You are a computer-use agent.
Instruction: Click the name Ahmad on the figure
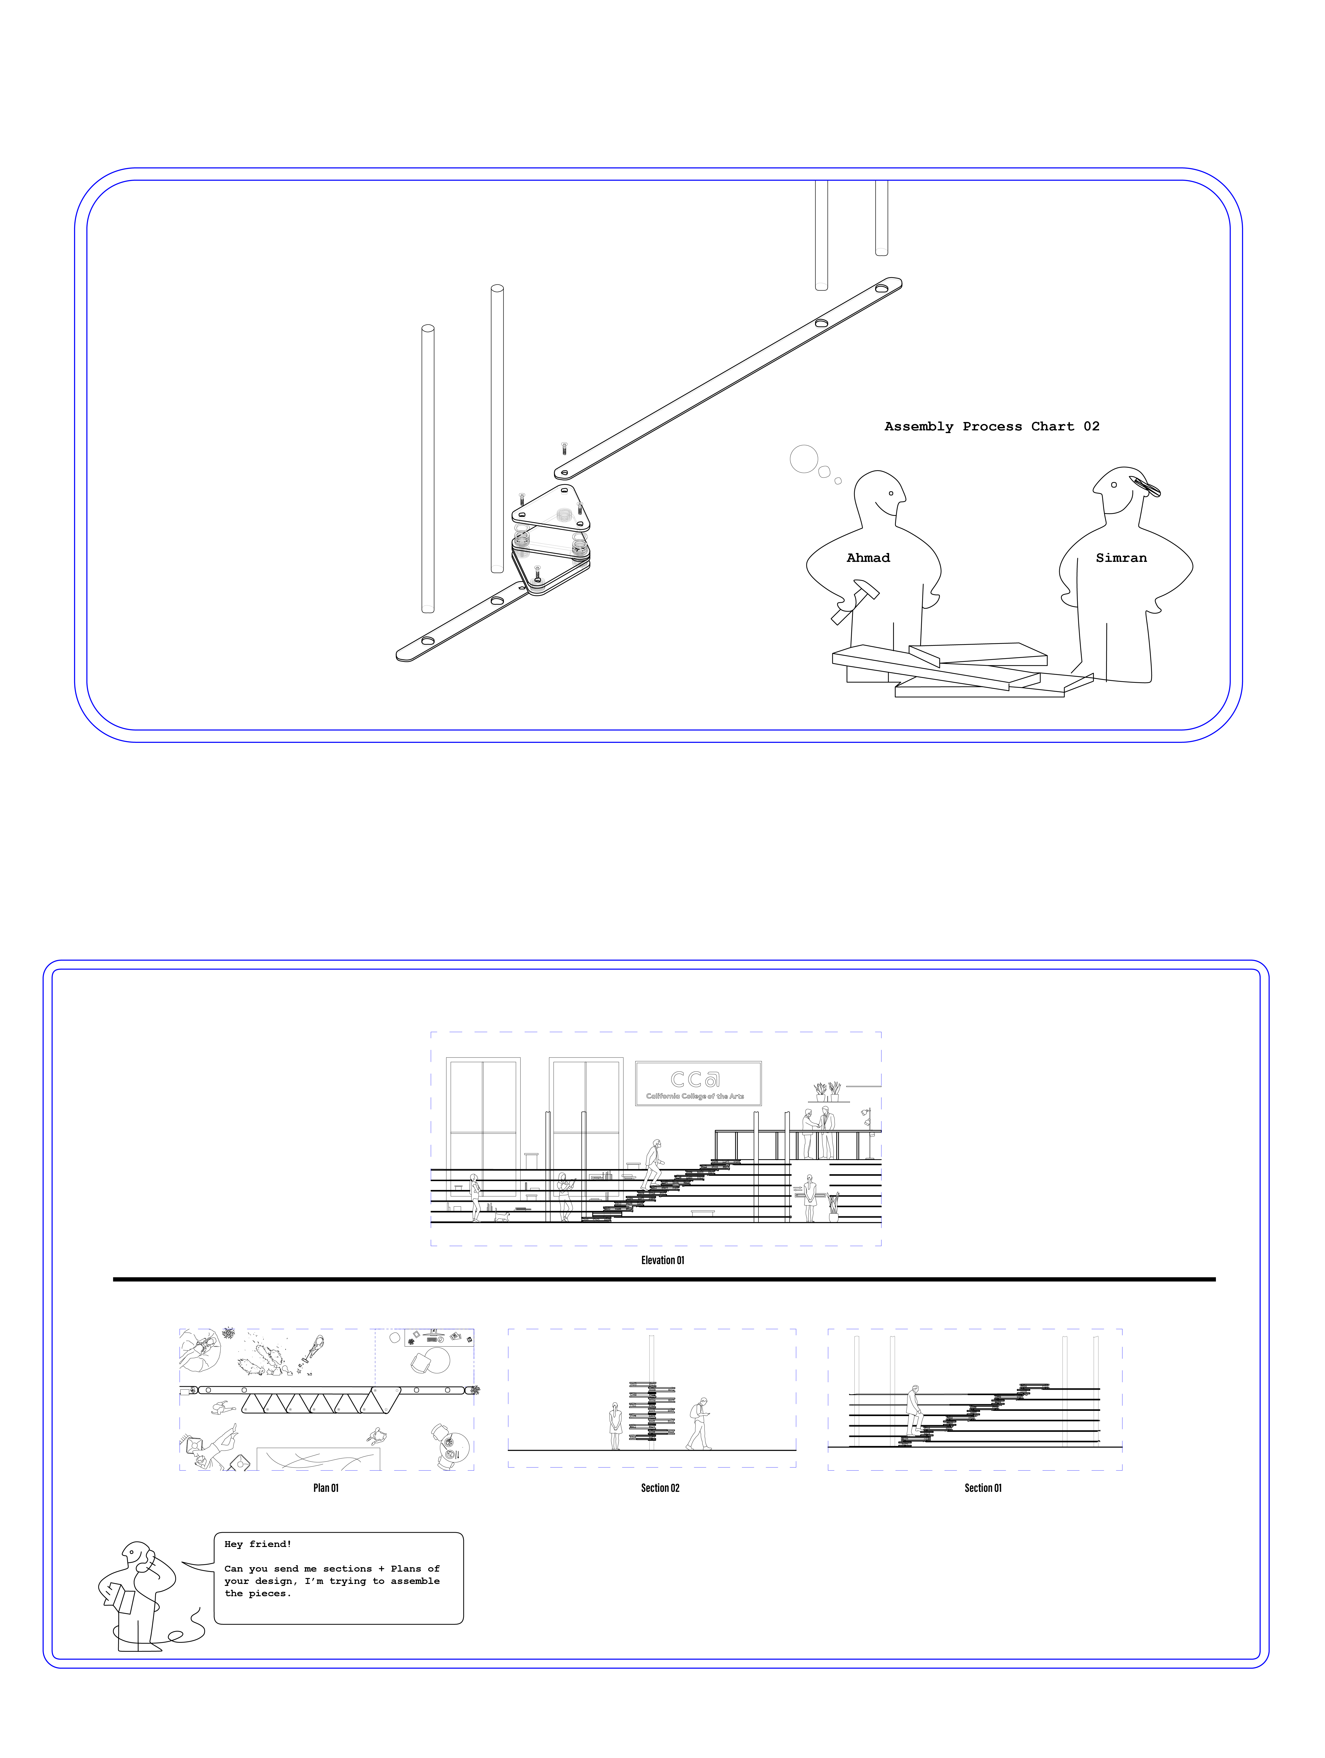(868, 558)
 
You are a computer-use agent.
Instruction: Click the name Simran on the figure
(1121, 558)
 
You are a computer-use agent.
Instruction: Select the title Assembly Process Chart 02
(992, 427)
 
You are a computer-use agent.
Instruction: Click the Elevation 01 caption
(662, 1260)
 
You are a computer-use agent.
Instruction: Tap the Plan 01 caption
(326, 1488)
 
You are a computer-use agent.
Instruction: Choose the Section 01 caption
(983, 1488)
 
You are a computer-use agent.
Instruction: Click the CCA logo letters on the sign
(695, 1078)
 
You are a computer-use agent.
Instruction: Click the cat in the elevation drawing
(502, 1215)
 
